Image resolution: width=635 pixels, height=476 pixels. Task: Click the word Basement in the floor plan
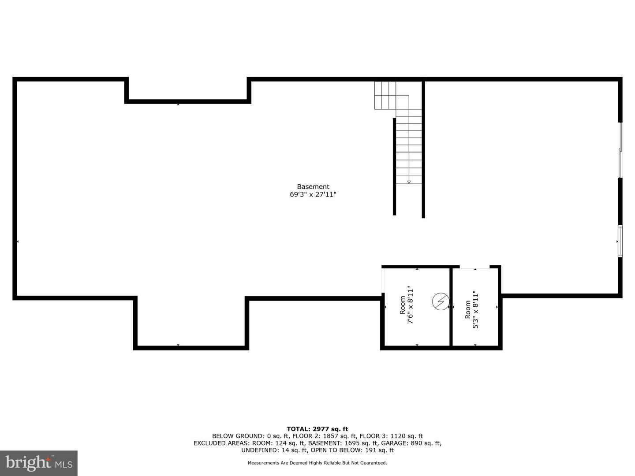[x=313, y=187]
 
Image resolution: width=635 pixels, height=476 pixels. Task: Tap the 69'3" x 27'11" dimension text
[x=313, y=194]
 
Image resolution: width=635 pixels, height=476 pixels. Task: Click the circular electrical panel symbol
[x=441, y=302]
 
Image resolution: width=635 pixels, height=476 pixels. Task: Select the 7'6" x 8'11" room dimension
[x=410, y=305]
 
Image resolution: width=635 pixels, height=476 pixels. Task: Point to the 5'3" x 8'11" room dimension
[x=475, y=310]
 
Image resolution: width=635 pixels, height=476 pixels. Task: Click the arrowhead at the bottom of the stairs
[x=409, y=182]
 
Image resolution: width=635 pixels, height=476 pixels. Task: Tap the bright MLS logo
[x=39, y=463]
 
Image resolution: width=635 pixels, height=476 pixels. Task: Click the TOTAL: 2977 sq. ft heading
[x=317, y=429]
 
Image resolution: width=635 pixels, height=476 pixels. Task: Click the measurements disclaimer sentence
[x=317, y=463]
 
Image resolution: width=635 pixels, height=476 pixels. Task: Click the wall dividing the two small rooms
[x=451, y=307]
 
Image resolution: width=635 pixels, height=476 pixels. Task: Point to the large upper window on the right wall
[x=620, y=150]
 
